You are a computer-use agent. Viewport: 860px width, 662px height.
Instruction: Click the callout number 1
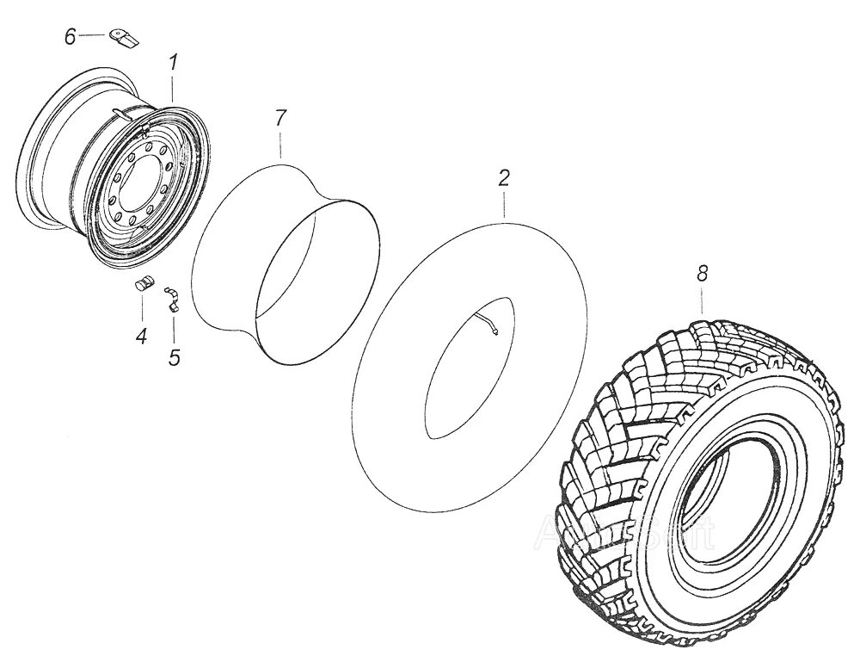click(x=174, y=63)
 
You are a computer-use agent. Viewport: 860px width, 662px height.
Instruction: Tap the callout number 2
click(x=504, y=178)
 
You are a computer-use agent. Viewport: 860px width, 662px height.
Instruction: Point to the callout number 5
click(x=175, y=356)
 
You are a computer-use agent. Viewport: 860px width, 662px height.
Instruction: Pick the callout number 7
click(x=280, y=120)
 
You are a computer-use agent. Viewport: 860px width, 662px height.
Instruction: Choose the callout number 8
click(x=703, y=274)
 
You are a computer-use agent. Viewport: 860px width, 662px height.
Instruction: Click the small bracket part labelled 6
click(x=123, y=37)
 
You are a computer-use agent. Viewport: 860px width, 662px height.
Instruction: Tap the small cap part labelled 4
click(x=144, y=284)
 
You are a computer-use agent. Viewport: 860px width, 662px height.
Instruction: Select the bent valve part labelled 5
click(x=172, y=297)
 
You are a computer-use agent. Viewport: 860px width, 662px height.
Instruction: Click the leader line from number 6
click(x=93, y=35)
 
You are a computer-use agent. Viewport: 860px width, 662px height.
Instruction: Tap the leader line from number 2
click(x=505, y=201)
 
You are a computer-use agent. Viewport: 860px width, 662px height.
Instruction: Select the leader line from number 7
click(x=281, y=145)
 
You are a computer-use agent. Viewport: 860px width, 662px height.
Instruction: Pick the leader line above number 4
click(x=143, y=310)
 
